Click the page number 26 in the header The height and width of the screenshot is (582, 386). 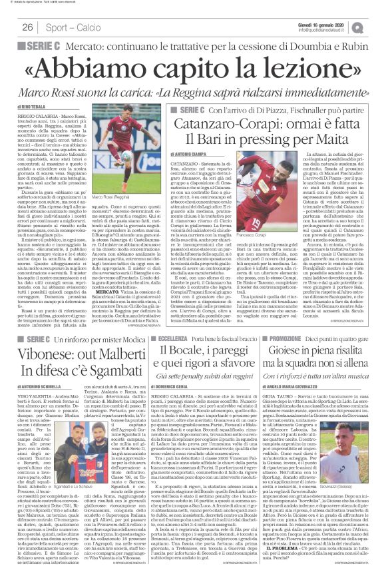click(x=27, y=27)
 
